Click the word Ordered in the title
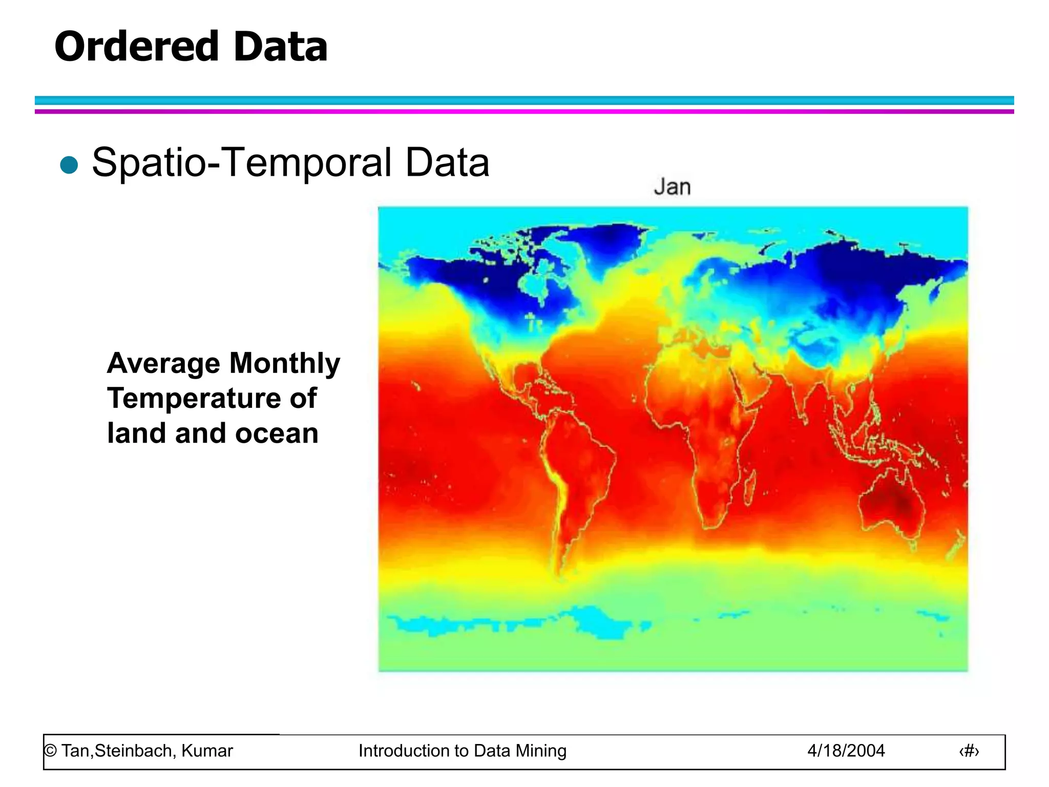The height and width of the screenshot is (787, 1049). [136, 47]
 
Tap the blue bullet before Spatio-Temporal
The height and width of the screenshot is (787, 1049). [69, 165]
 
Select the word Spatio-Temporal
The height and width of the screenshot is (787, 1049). [241, 163]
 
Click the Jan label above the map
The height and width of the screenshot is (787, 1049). [672, 187]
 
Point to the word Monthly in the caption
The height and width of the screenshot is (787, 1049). [284, 363]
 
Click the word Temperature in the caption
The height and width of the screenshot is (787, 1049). [194, 398]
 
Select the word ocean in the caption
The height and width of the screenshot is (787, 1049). [277, 433]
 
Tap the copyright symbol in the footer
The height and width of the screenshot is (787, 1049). [50, 751]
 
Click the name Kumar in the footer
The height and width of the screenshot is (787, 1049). [207, 751]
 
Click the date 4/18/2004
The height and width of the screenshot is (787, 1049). [846, 751]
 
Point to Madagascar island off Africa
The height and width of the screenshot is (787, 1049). [749, 488]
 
